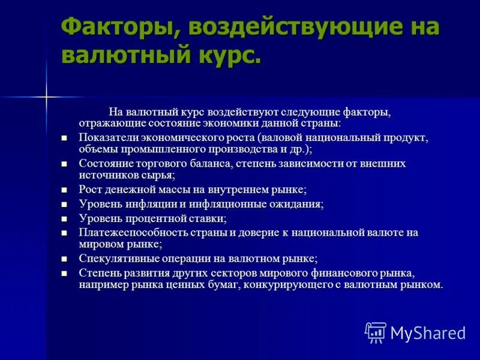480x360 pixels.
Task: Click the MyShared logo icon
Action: coord(376,332)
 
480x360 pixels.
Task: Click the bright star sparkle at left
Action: coord(46,96)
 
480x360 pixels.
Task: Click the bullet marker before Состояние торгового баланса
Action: coord(65,163)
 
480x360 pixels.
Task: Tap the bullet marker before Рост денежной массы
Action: coord(65,189)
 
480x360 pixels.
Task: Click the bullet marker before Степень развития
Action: coord(65,273)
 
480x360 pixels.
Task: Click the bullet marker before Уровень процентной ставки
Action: coord(65,219)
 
